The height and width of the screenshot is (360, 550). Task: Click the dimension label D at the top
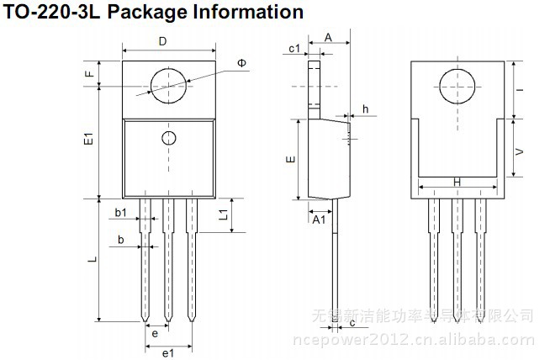click(163, 41)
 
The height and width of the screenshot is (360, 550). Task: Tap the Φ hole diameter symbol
click(242, 64)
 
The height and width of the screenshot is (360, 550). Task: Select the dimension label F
click(87, 74)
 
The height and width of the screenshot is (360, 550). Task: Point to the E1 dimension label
click(87, 140)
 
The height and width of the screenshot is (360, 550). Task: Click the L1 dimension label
click(224, 215)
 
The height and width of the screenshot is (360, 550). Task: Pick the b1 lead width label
click(121, 212)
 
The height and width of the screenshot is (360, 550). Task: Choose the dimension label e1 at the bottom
click(167, 352)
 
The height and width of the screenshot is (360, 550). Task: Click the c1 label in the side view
click(295, 49)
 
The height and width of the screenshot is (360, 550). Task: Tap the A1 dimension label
click(319, 220)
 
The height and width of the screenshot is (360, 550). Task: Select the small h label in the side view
click(365, 109)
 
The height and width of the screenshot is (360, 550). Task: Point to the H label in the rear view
click(457, 182)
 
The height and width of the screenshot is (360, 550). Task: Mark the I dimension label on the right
click(520, 90)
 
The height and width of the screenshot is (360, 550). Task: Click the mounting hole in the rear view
click(457, 83)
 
